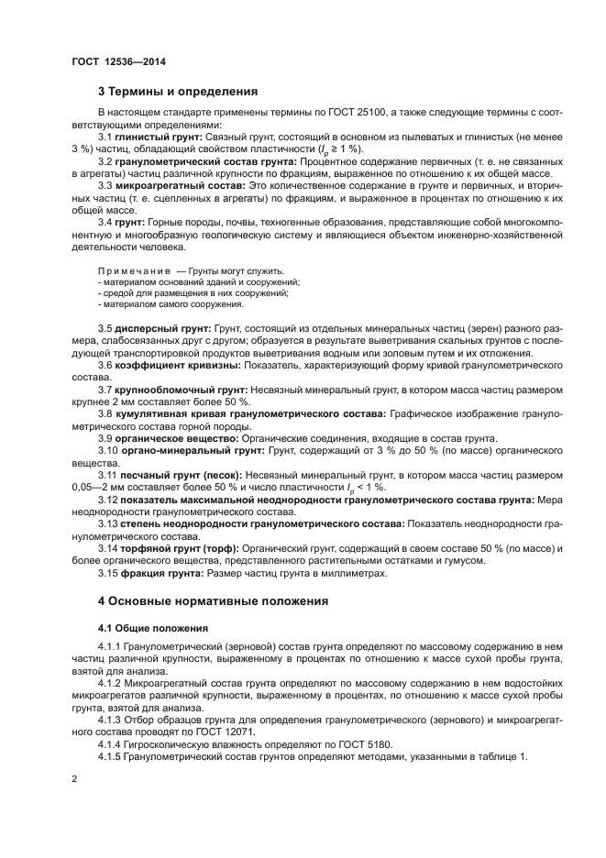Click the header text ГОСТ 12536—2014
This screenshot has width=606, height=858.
[x=111, y=61]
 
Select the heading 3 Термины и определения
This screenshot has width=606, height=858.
[x=177, y=91]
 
